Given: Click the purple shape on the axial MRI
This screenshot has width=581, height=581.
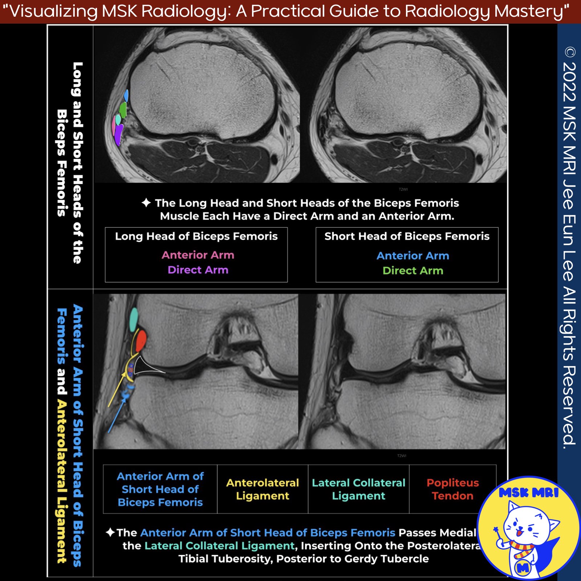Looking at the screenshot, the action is coord(118,135).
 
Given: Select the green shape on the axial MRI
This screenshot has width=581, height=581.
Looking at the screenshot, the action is coord(123,109).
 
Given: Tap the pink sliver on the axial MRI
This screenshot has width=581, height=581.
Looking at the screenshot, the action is coord(114,126).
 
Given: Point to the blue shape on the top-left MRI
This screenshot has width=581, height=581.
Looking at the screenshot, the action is coord(126,96).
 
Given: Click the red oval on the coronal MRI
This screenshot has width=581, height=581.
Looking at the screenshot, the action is coord(141,341).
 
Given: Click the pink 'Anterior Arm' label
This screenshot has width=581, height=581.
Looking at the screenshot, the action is coord(198,255).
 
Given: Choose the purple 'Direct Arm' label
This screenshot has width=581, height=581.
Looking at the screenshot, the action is coord(198,270).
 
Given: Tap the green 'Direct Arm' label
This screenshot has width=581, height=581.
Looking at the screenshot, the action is coord(413,271).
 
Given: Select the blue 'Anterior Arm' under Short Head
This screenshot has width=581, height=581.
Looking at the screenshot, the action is coord(413,256).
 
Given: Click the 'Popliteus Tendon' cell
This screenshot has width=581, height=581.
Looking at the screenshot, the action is coord(452,489).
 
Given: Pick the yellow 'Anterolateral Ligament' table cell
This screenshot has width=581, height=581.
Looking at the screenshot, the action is coord(263,489).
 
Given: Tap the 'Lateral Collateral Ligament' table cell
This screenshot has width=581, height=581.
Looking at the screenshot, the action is coord(358,489).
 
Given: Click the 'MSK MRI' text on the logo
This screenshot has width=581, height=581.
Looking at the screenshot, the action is coord(528,493).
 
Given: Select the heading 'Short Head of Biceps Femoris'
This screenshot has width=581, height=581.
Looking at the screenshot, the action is coord(407,236).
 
